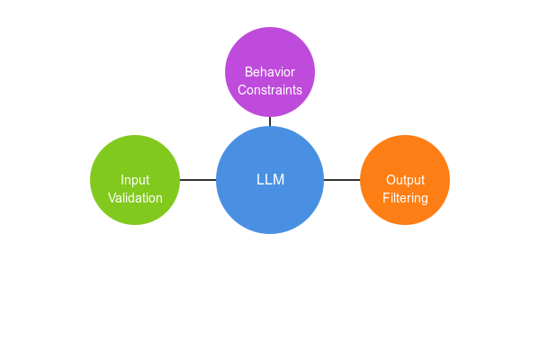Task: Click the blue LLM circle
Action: click(x=270, y=211)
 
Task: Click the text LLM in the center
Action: click(x=270, y=180)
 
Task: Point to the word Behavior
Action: click(x=270, y=72)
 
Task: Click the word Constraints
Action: click(x=270, y=90)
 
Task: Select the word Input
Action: click(x=135, y=180)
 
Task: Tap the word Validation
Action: click(x=135, y=198)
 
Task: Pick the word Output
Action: click(x=405, y=180)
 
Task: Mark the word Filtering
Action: click(x=405, y=198)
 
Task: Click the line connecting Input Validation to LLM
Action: click(x=198, y=180)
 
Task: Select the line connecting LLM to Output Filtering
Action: click(x=342, y=180)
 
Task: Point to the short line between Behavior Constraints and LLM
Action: click(x=270, y=121)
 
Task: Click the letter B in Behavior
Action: click(x=249, y=72)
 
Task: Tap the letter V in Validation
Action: click(x=112, y=198)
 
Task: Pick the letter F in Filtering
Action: click(x=386, y=198)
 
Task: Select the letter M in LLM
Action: click(x=278, y=180)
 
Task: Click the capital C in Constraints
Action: click(x=242, y=90)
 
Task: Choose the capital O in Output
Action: click(x=390, y=180)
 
